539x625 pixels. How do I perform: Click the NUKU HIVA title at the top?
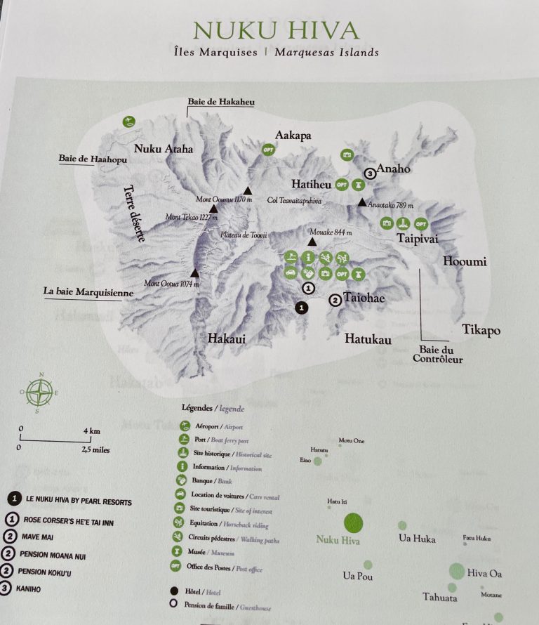coord(275,30)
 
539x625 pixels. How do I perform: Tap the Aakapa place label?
coord(293,135)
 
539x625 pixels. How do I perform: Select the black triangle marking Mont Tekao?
coord(213,209)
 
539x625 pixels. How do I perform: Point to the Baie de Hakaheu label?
coord(220,102)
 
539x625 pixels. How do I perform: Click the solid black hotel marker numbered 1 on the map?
coord(301,307)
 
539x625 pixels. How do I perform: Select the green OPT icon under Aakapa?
coord(267,150)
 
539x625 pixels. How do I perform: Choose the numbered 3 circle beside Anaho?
coord(370,173)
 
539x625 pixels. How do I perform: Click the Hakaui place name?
coord(226,338)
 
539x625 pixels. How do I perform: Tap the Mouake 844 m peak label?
coord(332,232)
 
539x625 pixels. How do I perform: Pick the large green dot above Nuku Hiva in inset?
coord(353,522)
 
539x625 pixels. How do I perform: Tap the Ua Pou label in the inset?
coord(358,577)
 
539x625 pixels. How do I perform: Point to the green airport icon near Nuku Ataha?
coord(128,121)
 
